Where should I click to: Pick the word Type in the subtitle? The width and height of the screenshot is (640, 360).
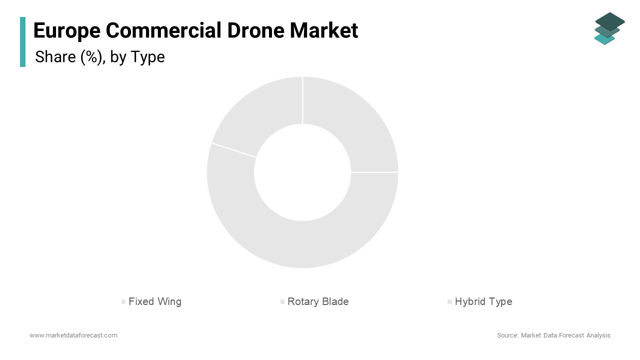pos(147,57)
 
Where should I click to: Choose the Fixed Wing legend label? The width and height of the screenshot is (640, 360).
pos(155,301)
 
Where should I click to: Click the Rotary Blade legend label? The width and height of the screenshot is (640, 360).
pos(318,301)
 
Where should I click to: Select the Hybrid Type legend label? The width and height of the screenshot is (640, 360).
pos(483,301)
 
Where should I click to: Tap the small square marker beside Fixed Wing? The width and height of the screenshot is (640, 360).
pos(123,302)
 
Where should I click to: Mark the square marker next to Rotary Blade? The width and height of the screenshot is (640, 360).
pos(282,302)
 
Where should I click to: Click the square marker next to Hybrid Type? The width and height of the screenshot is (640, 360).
pos(449,302)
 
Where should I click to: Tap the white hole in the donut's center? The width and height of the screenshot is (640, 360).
pos(302,172)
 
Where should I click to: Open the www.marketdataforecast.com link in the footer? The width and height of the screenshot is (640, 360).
pos(73,335)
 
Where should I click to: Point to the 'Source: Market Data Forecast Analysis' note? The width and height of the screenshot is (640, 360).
pos(553,335)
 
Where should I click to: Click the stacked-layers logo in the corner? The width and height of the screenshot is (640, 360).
pos(609,28)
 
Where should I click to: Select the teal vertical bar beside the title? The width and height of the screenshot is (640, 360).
pos(22,42)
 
